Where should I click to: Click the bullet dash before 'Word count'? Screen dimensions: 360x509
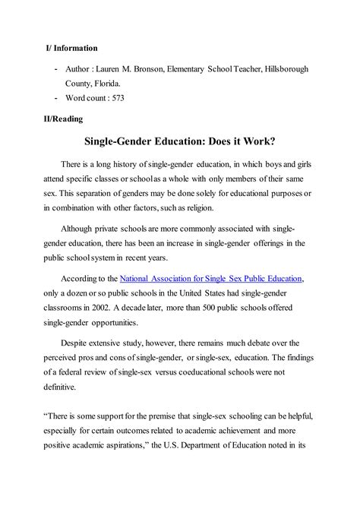pos(58,98)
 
